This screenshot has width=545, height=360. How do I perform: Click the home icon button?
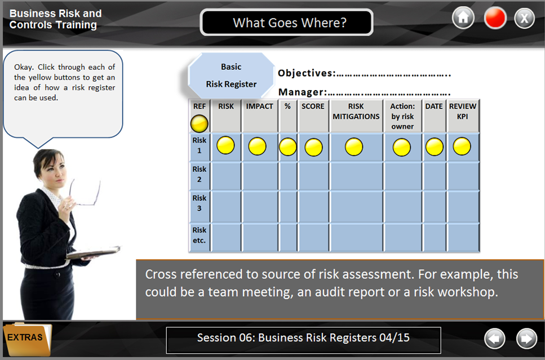[463, 17]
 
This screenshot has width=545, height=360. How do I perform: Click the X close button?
[524, 17]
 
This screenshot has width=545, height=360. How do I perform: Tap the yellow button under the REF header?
[199, 123]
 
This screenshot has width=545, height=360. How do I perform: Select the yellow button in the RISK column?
[225, 145]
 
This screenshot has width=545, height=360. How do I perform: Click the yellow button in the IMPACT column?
[257, 146]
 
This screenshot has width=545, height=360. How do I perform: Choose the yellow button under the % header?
[288, 146]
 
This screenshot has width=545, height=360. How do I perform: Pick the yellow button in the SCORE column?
[313, 148]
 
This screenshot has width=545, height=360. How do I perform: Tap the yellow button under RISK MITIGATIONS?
[354, 146]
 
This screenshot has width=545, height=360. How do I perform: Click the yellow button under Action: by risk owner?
[402, 148]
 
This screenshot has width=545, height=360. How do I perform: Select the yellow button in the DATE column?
[435, 146]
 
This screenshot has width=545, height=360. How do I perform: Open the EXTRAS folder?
[27, 339]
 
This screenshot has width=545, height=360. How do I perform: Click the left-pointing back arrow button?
[495, 339]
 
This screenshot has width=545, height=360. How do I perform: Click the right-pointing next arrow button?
[526, 339]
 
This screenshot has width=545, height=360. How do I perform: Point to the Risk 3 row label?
[199, 203]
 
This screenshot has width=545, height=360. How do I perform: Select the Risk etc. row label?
[199, 235]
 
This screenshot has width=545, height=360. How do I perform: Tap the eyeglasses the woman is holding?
[85, 192]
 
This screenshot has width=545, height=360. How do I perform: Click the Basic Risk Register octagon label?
[231, 75]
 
